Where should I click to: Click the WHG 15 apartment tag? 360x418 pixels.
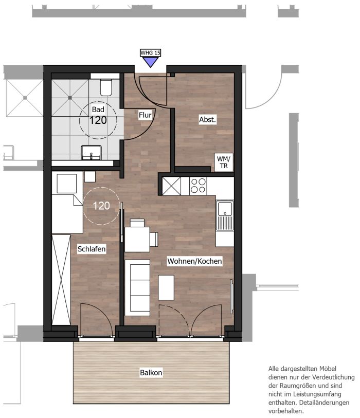(x=150, y=53)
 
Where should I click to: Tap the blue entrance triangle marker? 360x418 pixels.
(x=150, y=62)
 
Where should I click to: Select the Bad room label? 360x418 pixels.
(x=98, y=110)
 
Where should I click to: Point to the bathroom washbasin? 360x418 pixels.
(x=91, y=153)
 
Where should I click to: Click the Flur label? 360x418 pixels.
(x=145, y=115)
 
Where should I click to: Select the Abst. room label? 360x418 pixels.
(x=207, y=119)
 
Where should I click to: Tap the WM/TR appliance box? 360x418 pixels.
(x=224, y=162)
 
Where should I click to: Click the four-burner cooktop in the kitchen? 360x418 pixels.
(x=199, y=186)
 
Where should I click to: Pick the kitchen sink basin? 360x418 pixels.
(x=225, y=209)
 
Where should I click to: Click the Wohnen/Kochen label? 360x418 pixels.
(x=194, y=261)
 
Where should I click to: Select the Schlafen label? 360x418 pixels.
(x=92, y=249)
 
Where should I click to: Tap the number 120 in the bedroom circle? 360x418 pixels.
(x=101, y=206)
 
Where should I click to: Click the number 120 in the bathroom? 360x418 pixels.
(x=98, y=120)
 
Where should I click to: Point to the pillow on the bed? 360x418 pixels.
(x=67, y=184)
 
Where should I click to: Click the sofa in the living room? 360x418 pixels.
(x=137, y=288)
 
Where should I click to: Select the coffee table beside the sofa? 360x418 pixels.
(x=166, y=287)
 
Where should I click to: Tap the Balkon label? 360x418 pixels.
(x=151, y=372)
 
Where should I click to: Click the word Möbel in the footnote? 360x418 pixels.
(x=327, y=369)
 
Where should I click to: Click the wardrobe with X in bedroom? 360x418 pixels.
(x=61, y=280)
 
